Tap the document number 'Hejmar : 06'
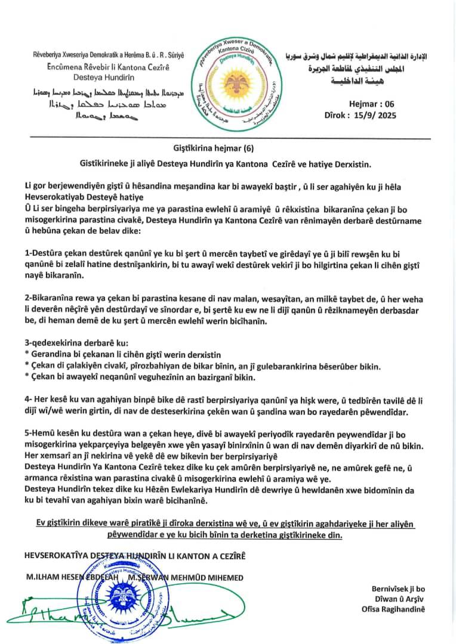click(371, 104)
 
